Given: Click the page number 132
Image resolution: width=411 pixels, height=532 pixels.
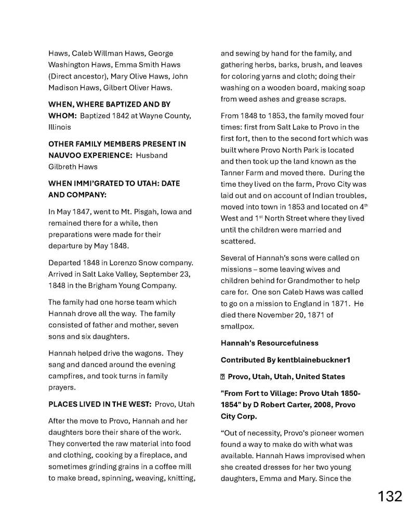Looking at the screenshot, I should [x=389, y=496].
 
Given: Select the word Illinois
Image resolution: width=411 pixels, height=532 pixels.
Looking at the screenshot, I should [x=59, y=127].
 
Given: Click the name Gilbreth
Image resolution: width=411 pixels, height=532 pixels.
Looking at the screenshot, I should [x=63, y=167].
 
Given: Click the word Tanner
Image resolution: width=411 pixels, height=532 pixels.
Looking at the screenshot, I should [x=233, y=173].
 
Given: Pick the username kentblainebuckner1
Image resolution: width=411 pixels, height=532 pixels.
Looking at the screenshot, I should [x=307, y=360].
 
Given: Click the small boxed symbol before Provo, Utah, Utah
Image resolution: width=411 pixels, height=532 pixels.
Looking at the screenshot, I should [x=223, y=377].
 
